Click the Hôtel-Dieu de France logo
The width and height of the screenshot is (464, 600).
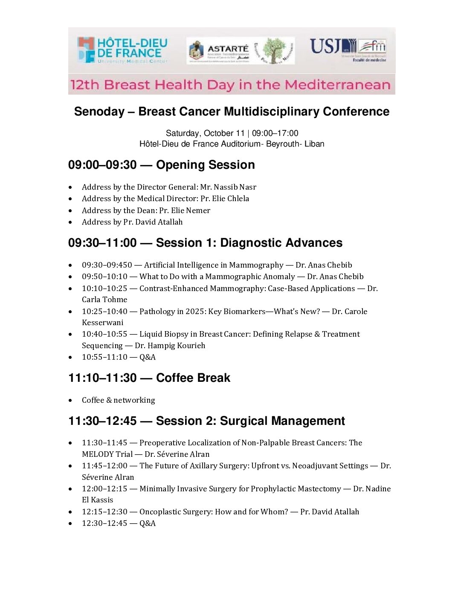click(x=122, y=50)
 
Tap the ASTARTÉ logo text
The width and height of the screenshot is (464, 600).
click(x=228, y=49)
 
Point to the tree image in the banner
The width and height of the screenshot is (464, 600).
click(x=273, y=50)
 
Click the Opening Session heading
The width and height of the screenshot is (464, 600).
click(x=205, y=165)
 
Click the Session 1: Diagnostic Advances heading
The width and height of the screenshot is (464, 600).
click(x=249, y=243)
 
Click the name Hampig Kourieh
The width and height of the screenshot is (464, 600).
click(x=170, y=346)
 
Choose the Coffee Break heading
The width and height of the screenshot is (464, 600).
click(x=193, y=378)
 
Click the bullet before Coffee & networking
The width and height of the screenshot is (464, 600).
click(x=70, y=401)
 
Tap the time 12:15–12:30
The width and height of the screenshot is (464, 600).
click(x=104, y=512)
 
